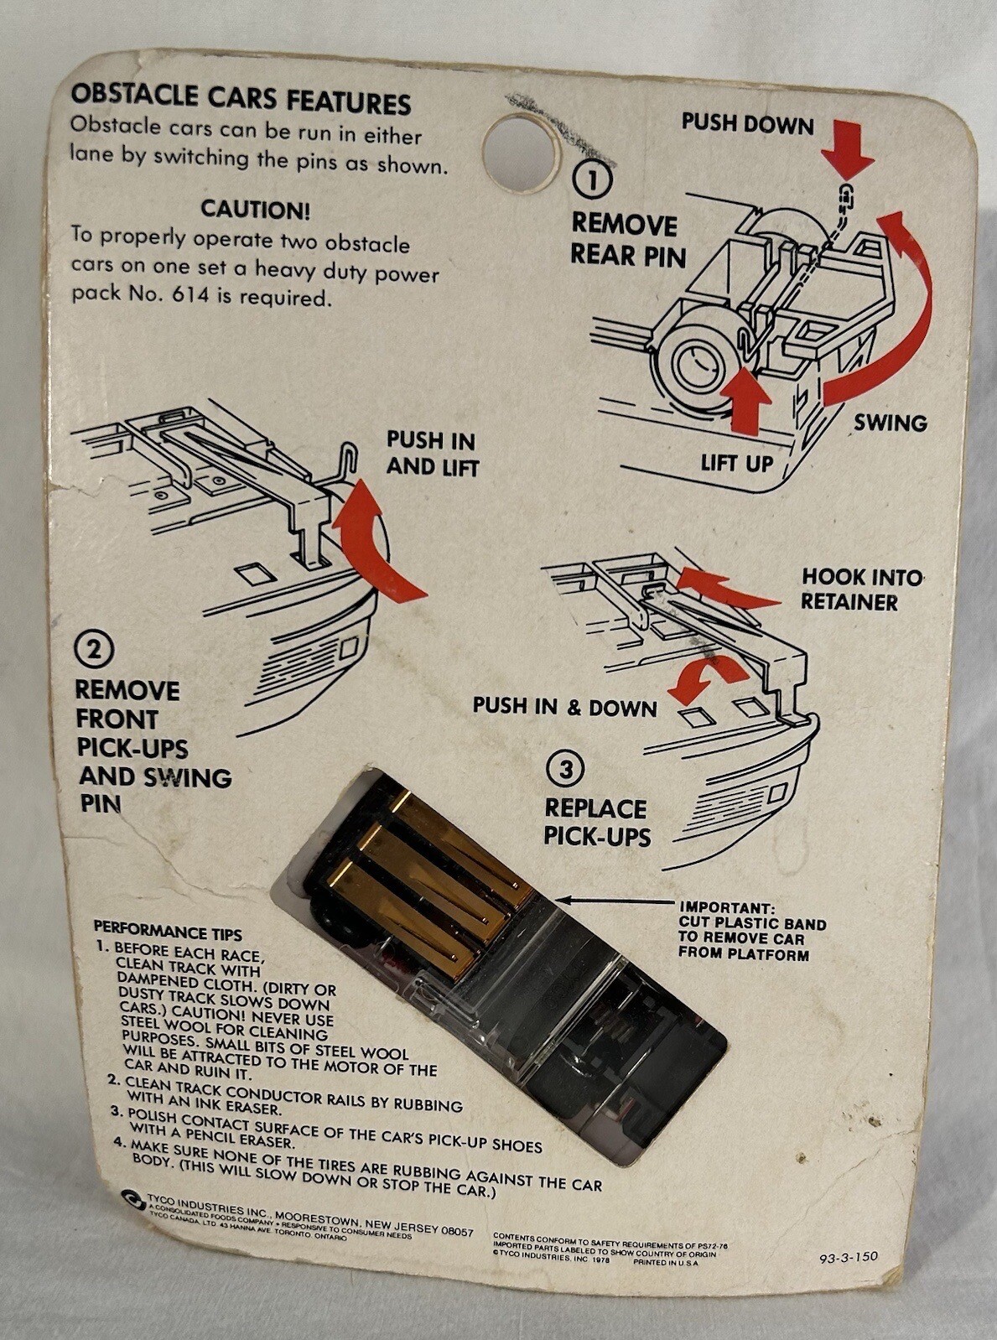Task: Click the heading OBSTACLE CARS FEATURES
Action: [x=240, y=99]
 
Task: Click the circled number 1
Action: [x=592, y=179]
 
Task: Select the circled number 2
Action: [x=94, y=650]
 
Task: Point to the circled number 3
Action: [x=565, y=769]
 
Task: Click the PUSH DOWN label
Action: [x=747, y=124]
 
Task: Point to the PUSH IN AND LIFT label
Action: [x=431, y=454]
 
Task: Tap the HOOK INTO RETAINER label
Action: [x=860, y=589]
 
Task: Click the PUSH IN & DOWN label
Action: [x=564, y=706]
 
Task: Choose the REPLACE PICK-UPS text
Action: [x=596, y=822]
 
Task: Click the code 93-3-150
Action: [x=849, y=1257]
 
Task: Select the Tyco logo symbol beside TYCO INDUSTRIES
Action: [x=129, y=1197]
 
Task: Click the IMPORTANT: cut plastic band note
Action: [x=752, y=930]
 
